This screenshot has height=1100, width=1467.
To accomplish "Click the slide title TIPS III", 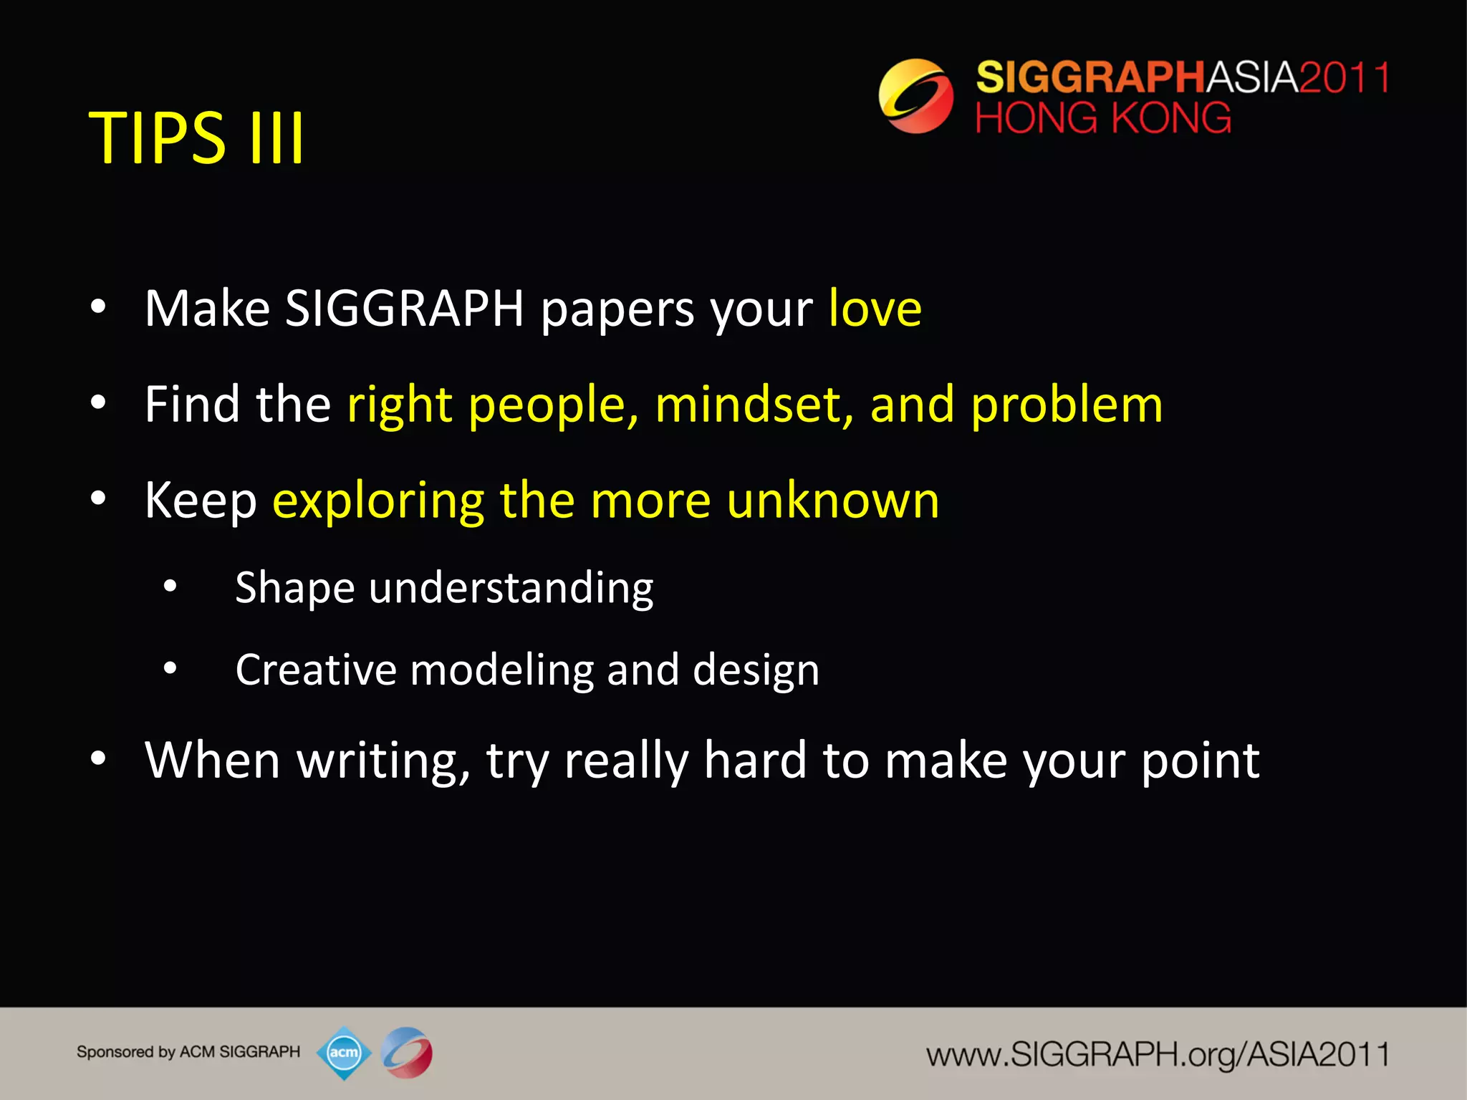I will pos(196,137).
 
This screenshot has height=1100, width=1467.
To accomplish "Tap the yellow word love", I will pos(875,309).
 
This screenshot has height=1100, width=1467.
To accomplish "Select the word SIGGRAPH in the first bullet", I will pos(405,309).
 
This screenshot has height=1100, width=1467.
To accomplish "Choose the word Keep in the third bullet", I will pos(201,501).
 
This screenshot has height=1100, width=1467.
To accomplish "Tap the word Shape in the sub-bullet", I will pos(294,589).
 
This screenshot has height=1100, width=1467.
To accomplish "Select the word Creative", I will pos(315,670).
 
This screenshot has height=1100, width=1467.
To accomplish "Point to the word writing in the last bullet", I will pos(383,761).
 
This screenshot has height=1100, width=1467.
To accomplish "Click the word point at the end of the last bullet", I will pos(1200,762).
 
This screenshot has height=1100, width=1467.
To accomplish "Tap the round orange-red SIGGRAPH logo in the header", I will pos(915,96).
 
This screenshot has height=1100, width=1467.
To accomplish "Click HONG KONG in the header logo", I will pos(1103,118).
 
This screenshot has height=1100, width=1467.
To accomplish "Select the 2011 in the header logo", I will pos(1344,77).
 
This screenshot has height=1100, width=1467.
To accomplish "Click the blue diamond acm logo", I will pos(344,1053).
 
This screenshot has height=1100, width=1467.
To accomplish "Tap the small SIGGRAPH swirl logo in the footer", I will pos(406,1053).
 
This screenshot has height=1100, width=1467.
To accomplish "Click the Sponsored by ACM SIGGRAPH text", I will pos(188,1052).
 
